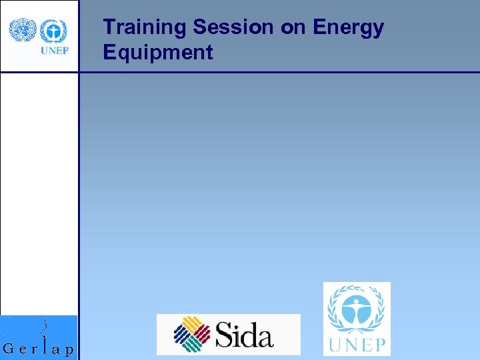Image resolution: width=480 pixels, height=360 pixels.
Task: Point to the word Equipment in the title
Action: (158, 53)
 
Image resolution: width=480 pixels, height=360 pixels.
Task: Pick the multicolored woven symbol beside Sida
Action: (192, 334)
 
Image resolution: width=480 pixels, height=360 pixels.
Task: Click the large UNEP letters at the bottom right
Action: (356, 345)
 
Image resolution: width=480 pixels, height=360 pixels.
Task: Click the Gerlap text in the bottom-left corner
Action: (39, 349)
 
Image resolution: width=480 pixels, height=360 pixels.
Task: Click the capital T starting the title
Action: (109, 28)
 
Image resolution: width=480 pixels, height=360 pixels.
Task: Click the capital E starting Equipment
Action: (109, 53)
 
